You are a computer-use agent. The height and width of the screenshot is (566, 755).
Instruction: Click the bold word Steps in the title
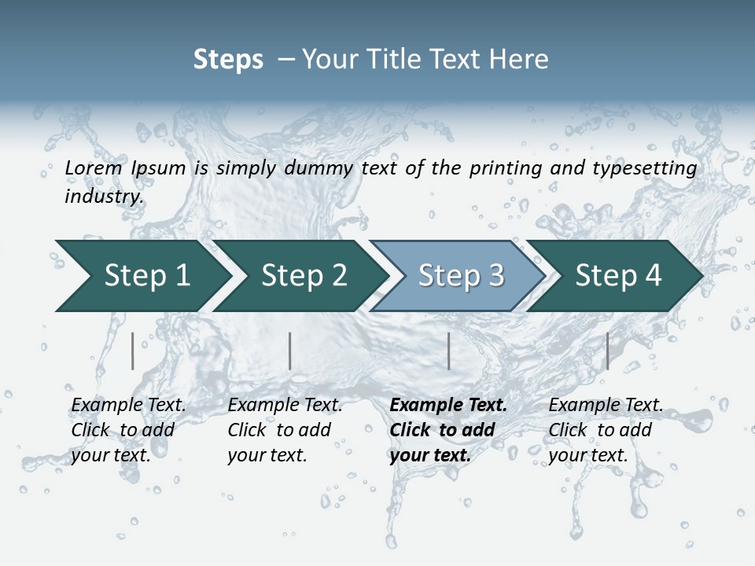coord(228,60)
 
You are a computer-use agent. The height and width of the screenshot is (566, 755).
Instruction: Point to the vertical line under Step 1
coord(133,351)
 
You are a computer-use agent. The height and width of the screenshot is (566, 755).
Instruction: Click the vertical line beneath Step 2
coord(290,351)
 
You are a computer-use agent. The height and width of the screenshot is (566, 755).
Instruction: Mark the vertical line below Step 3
coord(448,351)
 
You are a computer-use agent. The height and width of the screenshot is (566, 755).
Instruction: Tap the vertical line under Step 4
coord(607,351)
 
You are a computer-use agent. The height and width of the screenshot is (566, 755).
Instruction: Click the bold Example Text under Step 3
coord(448,406)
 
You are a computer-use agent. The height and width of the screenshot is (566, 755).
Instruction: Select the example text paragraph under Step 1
coord(128,430)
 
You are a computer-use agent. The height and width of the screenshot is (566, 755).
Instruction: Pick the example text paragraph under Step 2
coord(285,430)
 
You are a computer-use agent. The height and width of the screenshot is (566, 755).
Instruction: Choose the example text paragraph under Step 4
coord(606,430)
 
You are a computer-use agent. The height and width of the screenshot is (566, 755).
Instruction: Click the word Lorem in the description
coord(94,168)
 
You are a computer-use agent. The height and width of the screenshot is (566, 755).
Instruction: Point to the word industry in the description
coord(103,197)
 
